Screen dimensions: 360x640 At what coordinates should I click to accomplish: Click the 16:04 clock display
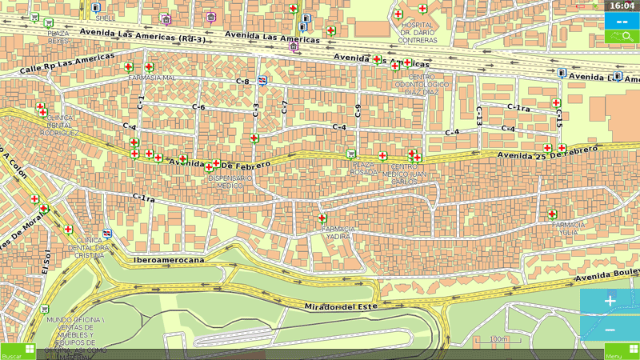[622, 6]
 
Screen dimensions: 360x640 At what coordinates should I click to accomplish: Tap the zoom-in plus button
[610, 301]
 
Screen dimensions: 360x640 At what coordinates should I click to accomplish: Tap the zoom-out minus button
[610, 330]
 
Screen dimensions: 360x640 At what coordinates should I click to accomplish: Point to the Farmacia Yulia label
[568, 229]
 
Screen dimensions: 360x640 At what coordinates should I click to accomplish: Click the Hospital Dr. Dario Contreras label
[417, 32]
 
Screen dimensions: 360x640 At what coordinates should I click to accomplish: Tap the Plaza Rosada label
[363, 168]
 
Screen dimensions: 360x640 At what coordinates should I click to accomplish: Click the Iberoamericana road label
[169, 260]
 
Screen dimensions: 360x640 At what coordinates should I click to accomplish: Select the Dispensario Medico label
[230, 182]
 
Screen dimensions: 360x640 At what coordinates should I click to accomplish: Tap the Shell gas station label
[103, 18]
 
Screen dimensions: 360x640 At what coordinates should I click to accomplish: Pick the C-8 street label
[242, 82]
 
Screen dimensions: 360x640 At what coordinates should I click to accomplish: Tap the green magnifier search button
[622, 37]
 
